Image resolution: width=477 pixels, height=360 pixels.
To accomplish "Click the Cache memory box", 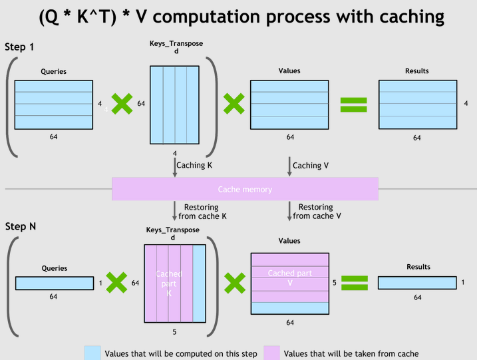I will click(245, 189).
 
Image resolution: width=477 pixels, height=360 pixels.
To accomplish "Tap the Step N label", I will click(21, 227).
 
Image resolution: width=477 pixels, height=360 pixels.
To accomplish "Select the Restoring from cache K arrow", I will click(175, 212).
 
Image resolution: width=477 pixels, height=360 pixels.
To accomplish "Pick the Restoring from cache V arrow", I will click(289, 212).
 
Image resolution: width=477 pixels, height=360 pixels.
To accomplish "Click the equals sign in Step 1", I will click(354, 104).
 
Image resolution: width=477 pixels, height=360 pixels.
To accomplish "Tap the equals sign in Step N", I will click(354, 283).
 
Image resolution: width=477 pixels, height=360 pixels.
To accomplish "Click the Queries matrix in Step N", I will click(55, 283).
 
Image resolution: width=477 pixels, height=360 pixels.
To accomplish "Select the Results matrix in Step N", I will click(417, 283).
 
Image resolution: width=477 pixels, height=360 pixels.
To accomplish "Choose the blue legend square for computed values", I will click(92, 353).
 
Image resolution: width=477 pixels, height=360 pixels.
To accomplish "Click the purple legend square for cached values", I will click(271, 353).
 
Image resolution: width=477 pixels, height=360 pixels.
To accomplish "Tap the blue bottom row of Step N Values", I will click(289, 309).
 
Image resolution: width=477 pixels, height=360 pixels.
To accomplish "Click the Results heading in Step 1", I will click(417, 71).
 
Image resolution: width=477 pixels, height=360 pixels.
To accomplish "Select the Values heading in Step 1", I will click(289, 71).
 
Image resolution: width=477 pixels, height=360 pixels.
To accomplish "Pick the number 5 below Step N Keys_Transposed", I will click(175, 332).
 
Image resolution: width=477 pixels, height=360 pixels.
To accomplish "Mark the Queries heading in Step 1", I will click(54, 71).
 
